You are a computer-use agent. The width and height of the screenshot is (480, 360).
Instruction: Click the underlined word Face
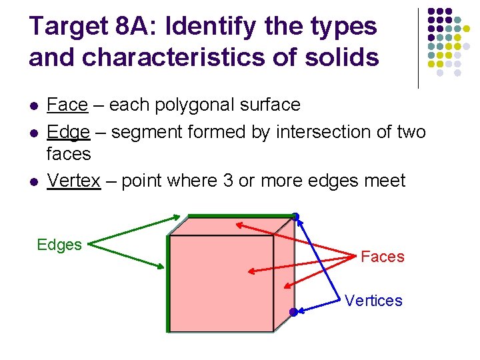click(67, 105)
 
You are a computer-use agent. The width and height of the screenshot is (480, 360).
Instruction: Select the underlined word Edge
click(68, 132)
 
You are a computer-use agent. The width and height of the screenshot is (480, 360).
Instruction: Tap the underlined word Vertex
click(73, 181)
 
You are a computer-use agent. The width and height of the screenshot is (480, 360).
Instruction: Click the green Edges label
click(59, 245)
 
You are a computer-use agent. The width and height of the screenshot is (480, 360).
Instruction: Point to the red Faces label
click(382, 257)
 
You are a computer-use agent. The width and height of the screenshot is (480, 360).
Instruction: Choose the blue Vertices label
click(373, 301)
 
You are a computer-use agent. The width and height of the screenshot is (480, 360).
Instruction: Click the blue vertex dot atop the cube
click(295, 216)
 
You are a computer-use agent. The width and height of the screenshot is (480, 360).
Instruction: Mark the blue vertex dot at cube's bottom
click(293, 312)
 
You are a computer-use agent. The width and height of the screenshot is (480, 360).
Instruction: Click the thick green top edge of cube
click(240, 215)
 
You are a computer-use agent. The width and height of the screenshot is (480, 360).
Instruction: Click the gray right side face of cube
click(284, 273)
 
